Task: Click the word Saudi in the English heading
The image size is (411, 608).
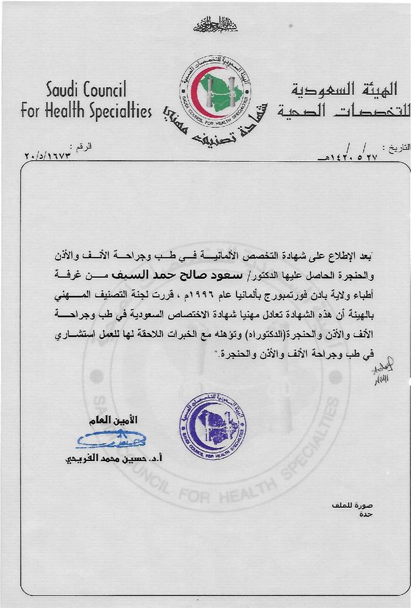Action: pyautogui.click(x=66, y=90)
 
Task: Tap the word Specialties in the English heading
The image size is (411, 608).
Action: pyautogui.click(x=121, y=111)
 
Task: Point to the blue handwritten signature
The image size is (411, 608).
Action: pyautogui.click(x=112, y=439)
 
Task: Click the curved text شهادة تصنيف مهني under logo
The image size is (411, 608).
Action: pyautogui.click(x=214, y=131)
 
